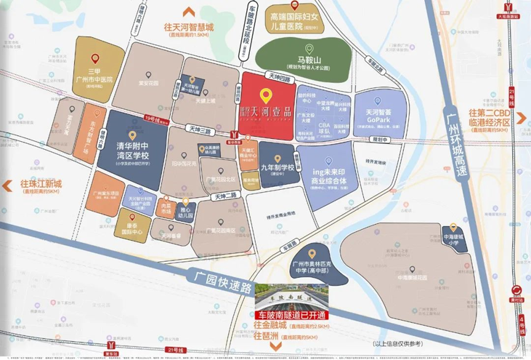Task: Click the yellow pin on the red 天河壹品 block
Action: pyautogui.click(x=266, y=95)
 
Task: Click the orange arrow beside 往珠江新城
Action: pyautogui.click(x=9, y=184)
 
